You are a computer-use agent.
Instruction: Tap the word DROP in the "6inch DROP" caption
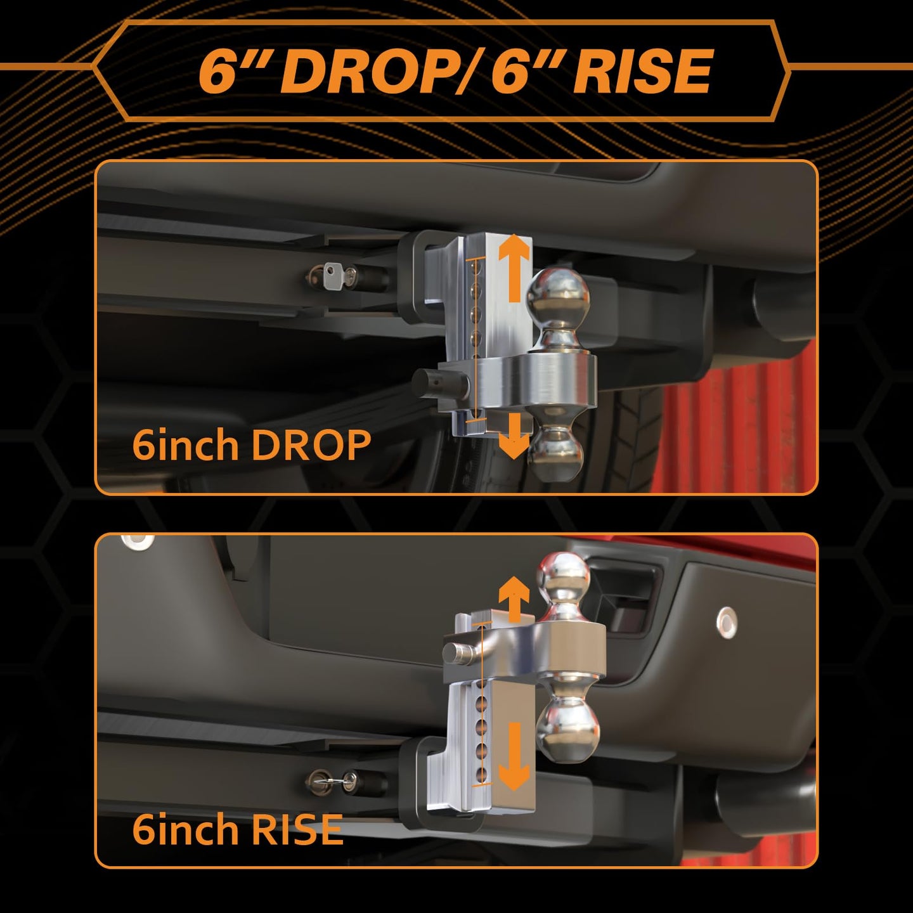pos(311,445)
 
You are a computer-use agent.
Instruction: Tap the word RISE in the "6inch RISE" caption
pos(296,829)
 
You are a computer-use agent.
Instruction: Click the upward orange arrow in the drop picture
pos(515,268)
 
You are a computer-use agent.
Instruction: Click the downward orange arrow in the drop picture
pos(514,436)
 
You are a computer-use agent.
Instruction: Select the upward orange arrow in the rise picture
pos(514,599)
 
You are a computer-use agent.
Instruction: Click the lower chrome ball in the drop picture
pos(554,450)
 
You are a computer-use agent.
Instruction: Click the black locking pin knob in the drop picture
pos(434,382)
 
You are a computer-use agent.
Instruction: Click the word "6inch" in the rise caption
pos(186,829)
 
